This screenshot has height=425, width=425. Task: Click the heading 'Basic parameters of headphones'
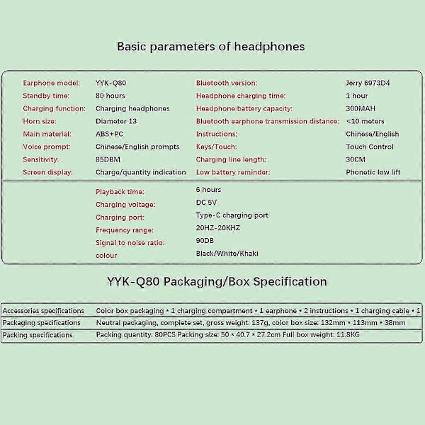click(210, 47)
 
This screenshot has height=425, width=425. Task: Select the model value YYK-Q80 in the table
click(110, 83)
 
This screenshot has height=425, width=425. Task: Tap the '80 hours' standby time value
click(110, 96)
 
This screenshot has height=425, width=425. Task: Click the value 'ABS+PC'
click(110, 134)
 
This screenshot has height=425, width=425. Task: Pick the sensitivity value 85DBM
click(109, 159)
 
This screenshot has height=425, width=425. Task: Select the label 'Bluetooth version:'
click(226, 83)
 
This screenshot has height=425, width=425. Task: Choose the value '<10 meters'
click(366, 121)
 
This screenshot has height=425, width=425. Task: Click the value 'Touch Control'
click(369, 147)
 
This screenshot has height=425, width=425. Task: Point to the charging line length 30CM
click(356, 159)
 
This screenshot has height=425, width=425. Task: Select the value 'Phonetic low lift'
click(373, 172)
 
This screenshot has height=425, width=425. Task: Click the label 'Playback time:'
click(120, 192)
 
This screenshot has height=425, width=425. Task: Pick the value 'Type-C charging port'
click(232, 215)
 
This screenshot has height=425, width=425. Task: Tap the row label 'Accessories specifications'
click(43, 311)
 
